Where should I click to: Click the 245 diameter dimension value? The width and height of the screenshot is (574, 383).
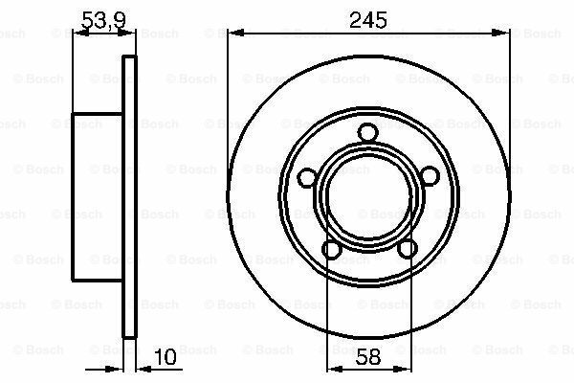click(x=368, y=20)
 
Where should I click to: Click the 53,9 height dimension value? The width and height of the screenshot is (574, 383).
click(x=103, y=20)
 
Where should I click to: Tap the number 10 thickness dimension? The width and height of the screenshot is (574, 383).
click(x=166, y=357)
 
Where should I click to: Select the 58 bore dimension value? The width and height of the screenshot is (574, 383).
click(x=368, y=356)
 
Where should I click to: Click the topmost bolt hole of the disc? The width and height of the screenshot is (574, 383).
click(x=367, y=132)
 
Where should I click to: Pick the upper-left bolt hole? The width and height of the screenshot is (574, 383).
click(x=307, y=178)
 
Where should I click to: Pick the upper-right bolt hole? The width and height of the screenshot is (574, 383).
click(x=429, y=176)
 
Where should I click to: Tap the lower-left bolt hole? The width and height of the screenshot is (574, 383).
click(x=332, y=250)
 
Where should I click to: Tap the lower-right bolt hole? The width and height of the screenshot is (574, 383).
click(x=408, y=249)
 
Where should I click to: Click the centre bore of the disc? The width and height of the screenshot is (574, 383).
click(x=368, y=198)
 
